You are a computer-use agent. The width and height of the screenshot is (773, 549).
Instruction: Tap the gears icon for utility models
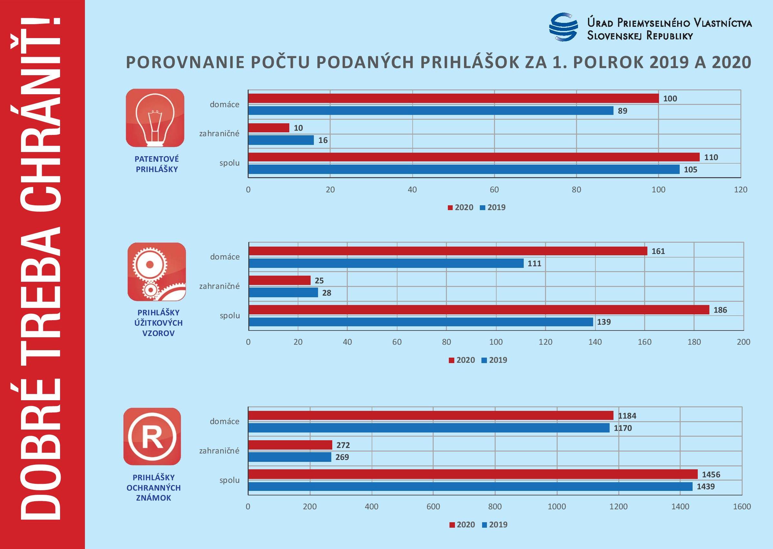click(x=157, y=271)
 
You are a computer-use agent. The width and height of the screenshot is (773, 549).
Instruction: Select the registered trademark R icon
click(x=152, y=436)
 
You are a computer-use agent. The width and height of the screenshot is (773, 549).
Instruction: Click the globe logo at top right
click(x=563, y=27)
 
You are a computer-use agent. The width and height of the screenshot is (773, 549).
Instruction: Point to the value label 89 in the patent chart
click(x=623, y=111)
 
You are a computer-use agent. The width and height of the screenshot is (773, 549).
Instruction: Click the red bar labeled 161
click(x=448, y=251)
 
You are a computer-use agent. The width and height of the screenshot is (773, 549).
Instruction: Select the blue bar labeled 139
click(x=421, y=322)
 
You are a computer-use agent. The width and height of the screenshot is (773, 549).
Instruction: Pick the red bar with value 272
click(x=290, y=445)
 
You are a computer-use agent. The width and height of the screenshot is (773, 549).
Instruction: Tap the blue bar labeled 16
click(x=281, y=140)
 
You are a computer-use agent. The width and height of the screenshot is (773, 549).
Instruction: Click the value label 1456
click(x=711, y=474)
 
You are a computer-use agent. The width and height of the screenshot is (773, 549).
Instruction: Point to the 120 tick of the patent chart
click(x=740, y=190)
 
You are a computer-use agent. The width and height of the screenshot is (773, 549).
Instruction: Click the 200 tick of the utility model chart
click(x=743, y=342)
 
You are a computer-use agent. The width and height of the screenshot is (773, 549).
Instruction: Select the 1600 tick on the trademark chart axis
click(x=742, y=506)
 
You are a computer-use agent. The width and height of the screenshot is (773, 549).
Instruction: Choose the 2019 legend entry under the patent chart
click(x=493, y=208)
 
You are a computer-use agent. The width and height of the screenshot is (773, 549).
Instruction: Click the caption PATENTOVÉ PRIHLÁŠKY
click(x=157, y=164)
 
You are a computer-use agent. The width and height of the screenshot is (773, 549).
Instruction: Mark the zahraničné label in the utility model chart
click(x=219, y=286)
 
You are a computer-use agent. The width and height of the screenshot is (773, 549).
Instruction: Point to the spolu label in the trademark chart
click(x=229, y=480)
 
